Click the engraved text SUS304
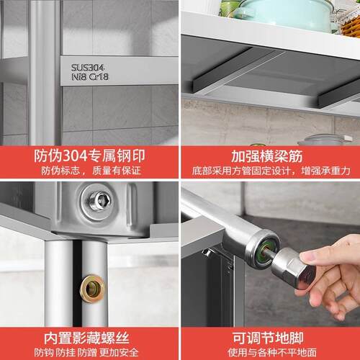(x=87, y=68)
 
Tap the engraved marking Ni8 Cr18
(x=90, y=77)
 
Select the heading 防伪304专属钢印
(x=89, y=156)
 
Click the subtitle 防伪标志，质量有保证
(x=91, y=171)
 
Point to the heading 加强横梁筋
(x=266, y=156)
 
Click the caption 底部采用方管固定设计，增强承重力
(x=271, y=171)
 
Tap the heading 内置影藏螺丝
(x=86, y=338)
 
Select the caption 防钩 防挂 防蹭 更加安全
(x=86, y=352)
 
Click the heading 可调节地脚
(x=268, y=338)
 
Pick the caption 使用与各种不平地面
(x=272, y=352)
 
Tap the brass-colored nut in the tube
(x=92, y=289)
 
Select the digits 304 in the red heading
(x=75, y=156)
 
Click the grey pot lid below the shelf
(x=325, y=140)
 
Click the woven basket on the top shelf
(x=351, y=24)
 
